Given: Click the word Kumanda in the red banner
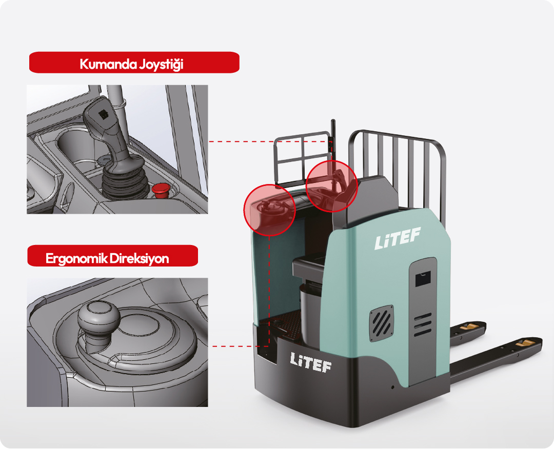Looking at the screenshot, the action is (108, 64).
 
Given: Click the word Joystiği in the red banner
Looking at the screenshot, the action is (161, 64).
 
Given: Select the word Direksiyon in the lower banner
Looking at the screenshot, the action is (139, 258).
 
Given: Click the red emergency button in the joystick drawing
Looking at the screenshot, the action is (161, 190).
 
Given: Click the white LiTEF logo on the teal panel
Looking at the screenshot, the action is (398, 238).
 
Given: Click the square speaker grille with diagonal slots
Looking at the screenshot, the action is (382, 323).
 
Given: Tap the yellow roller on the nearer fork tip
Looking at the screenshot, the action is (525, 343).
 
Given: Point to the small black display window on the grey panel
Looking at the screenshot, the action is (423, 278).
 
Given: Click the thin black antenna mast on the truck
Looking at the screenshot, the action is (332, 148).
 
